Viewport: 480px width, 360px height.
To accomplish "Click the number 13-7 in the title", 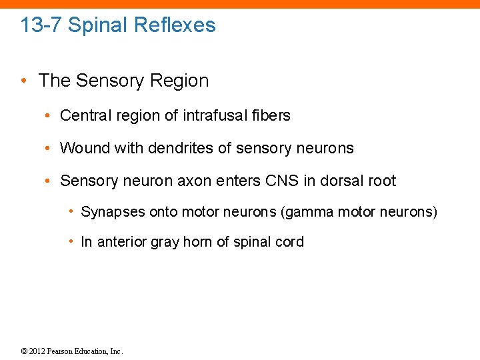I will click(x=41, y=25).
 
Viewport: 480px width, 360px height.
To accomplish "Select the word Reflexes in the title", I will click(x=175, y=25).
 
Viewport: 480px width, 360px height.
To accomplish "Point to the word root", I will click(x=383, y=181).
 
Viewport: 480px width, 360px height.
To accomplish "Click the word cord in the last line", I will click(x=289, y=242).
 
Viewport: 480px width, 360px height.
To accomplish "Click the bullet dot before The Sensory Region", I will click(x=24, y=81).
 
